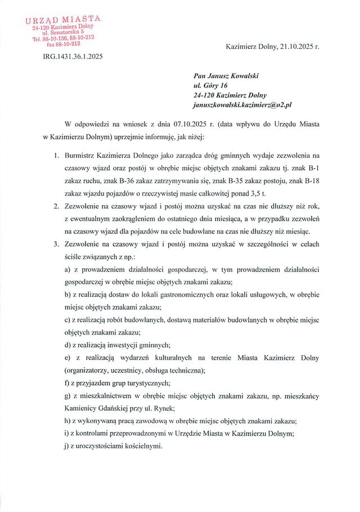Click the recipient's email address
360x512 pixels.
238,105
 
